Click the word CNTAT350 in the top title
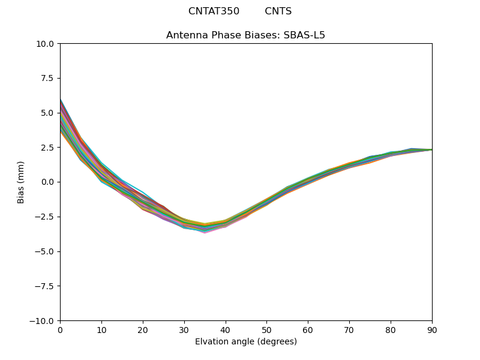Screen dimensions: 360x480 (x=214, y=11)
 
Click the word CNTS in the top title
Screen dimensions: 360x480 (x=278, y=11)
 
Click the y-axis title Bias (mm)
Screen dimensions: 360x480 (x=21, y=182)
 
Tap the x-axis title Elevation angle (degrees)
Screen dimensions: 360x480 (x=246, y=342)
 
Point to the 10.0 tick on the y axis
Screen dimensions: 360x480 (x=47, y=44)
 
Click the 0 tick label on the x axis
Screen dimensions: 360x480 (x=60, y=329)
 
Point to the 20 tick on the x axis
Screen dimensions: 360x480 (x=143, y=329)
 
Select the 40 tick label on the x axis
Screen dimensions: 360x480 (x=226, y=329)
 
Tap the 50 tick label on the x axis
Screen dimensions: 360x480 (x=266, y=329)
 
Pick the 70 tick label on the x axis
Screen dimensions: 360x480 (x=349, y=329)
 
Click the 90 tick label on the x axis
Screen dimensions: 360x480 (x=432, y=329)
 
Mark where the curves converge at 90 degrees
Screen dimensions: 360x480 (x=431, y=149)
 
